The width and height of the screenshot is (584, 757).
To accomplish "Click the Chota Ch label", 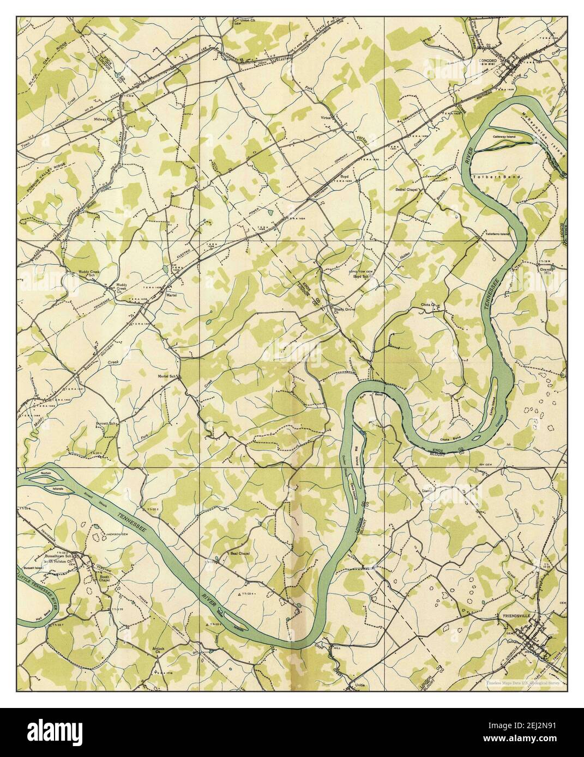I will [x=429, y=304].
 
